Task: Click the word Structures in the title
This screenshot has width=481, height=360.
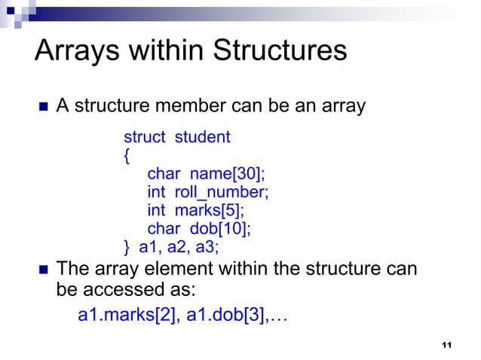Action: (281, 50)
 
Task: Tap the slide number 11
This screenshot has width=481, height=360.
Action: (446, 345)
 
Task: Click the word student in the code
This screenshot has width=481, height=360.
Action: (203, 137)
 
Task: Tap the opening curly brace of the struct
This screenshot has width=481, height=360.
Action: (127, 155)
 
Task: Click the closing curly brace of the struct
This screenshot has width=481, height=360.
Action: (127, 246)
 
